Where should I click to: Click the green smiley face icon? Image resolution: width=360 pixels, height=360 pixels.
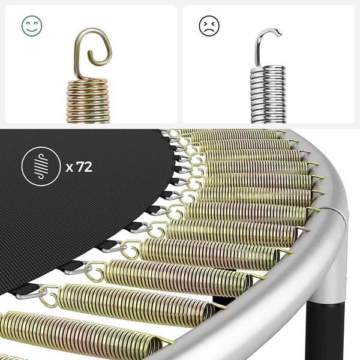(x=32, y=25)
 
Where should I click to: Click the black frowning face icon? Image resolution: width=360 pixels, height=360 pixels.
(x=209, y=25)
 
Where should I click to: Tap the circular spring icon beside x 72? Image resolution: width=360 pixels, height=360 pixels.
(x=41, y=166)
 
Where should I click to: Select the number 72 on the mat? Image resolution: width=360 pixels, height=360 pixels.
(x=84, y=167)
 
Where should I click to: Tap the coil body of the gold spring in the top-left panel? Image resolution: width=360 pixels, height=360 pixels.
(x=88, y=101)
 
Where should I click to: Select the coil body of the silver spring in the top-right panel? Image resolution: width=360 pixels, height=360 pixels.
(x=268, y=95)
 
